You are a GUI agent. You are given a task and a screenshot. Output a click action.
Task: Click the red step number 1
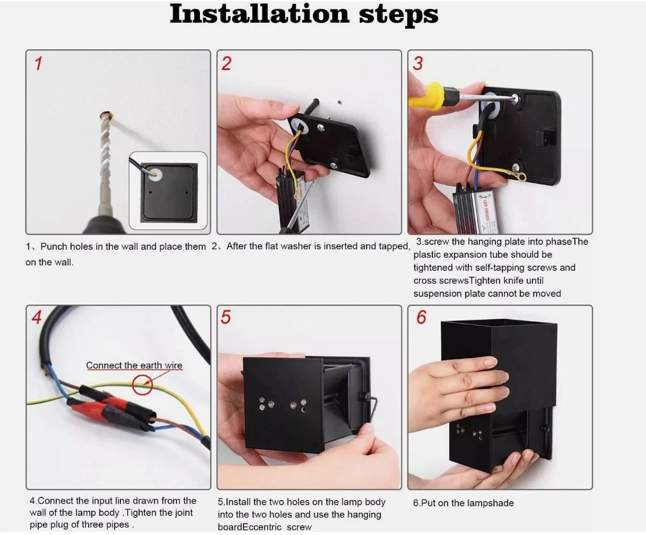tap(38, 64)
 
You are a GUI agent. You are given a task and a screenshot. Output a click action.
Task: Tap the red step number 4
tap(36, 318)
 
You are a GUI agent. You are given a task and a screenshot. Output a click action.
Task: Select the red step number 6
tap(421, 318)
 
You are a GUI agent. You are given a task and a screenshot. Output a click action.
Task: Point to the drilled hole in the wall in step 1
tap(107, 114)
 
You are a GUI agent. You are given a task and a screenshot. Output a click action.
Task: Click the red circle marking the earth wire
tap(143, 384)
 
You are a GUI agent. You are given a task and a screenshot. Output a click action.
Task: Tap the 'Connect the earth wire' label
tap(134, 365)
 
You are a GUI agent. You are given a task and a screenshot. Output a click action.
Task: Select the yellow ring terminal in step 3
tap(519, 176)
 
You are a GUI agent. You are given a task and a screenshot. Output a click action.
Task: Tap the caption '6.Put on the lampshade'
tap(464, 503)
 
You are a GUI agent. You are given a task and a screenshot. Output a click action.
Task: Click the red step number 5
tap(226, 318)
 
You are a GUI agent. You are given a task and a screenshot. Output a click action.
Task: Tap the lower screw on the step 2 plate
tap(334, 165)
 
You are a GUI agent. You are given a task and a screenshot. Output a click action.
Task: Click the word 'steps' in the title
tap(399, 15)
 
